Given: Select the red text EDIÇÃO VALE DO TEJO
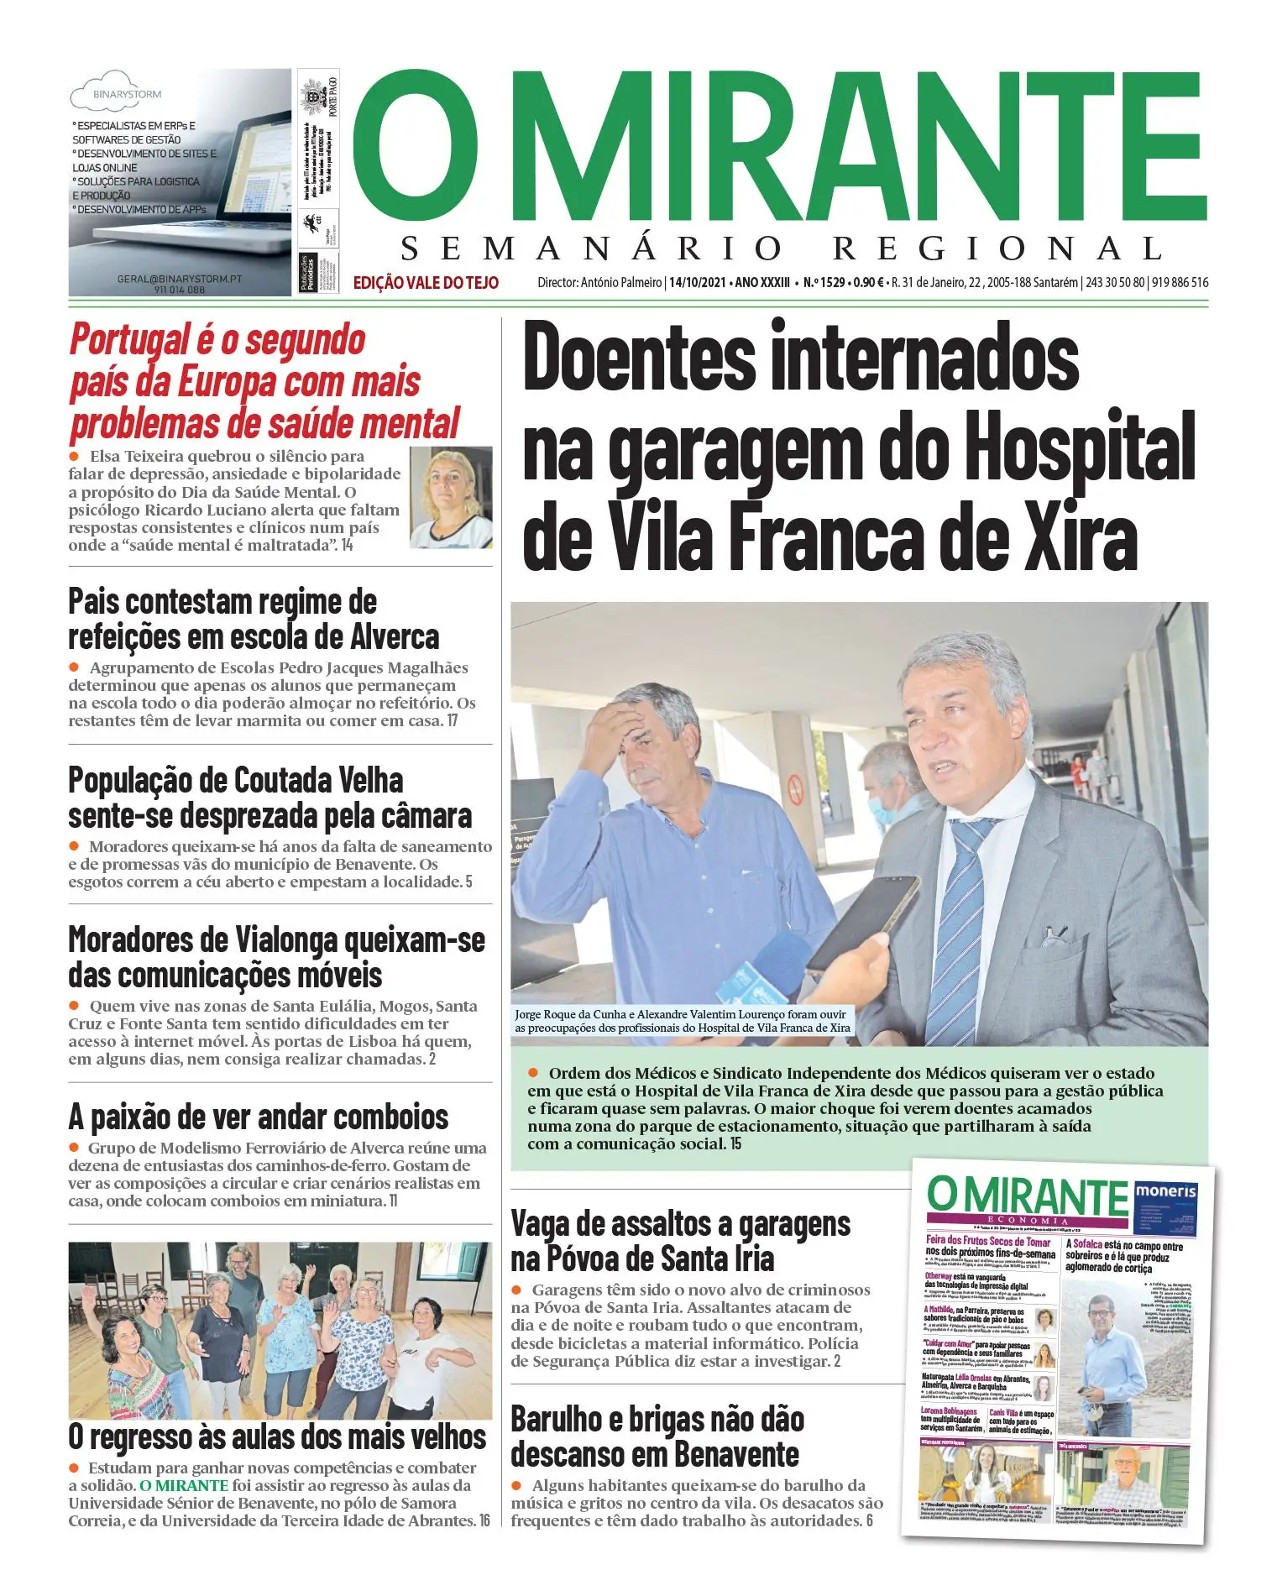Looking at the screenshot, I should (426, 283).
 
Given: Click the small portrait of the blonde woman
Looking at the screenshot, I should (451, 497).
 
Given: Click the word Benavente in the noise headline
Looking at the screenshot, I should (738, 1453).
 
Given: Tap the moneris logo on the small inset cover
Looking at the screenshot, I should (1165, 1191).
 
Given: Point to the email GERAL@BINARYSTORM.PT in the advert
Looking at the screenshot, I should (179, 279).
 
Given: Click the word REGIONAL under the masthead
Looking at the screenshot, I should (997, 249).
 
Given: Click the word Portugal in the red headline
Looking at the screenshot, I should (128, 341).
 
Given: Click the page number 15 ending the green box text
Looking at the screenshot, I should (735, 1143).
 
